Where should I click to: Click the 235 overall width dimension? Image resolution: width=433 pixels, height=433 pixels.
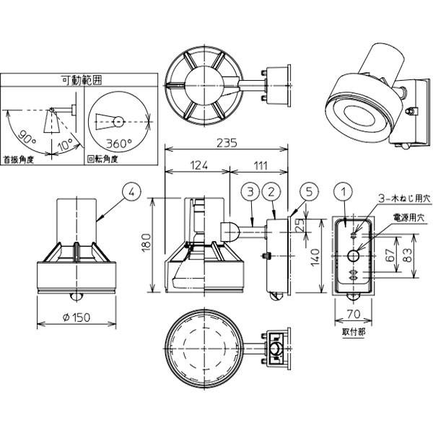[227, 142]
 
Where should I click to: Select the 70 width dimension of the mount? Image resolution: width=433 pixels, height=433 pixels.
[354, 315]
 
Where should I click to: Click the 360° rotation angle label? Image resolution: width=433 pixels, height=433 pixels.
[120, 143]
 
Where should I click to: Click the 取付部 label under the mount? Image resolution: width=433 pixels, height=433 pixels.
[353, 333]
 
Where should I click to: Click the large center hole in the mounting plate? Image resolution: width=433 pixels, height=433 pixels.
[354, 255]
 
